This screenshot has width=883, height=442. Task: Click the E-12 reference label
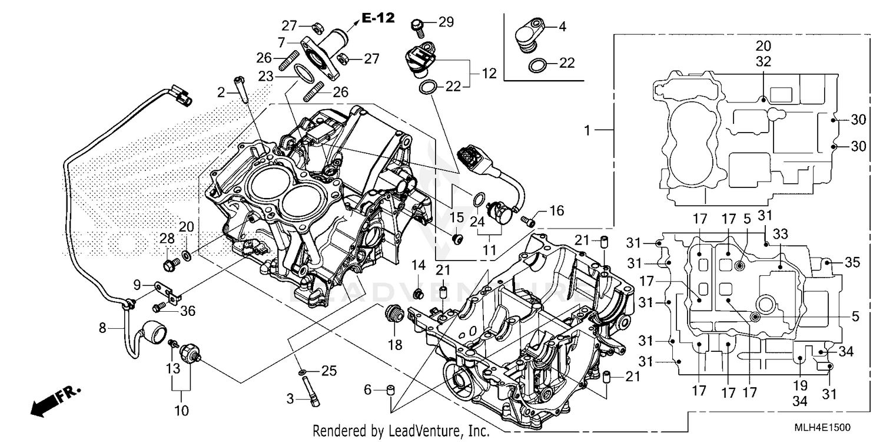pyautogui.click(x=377, y=18)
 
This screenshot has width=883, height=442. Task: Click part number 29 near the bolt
pyautogui.click(x=446, y=22)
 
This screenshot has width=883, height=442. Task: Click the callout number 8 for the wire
pyautogui.click(x=102, y=328)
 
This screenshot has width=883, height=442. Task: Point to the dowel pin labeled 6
pyautogui.click(x=389, y=391)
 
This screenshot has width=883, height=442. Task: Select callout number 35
pyautogui.click(x=852, y=262)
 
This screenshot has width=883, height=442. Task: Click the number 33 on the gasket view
pyautogui.click(x=780, y=234)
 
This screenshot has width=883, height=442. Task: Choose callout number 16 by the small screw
pyautogui.click(x=556, y=210)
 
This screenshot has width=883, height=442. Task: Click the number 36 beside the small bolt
pyautogui.click(x=187, y=311)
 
